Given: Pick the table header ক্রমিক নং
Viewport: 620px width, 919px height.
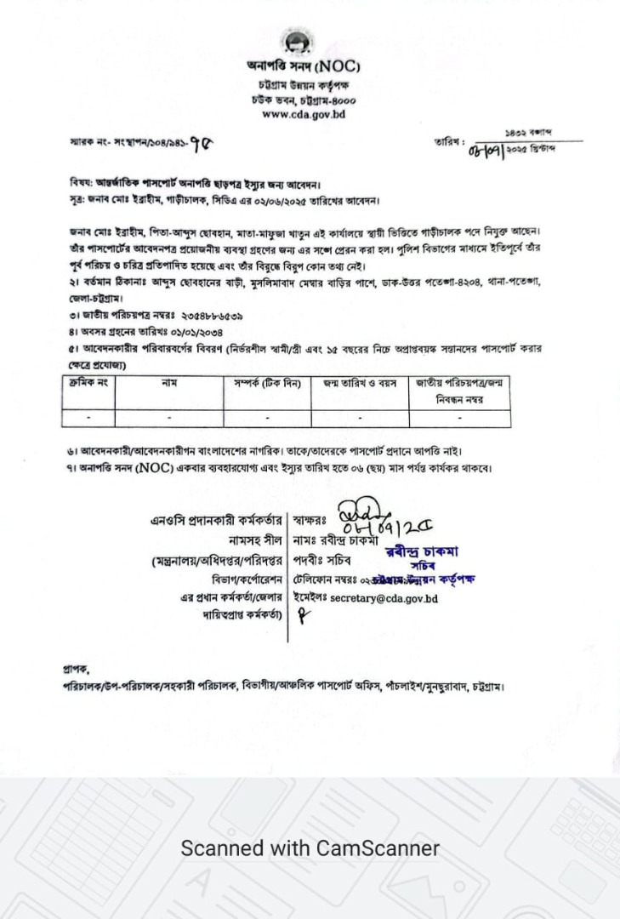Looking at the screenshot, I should click(88, 385).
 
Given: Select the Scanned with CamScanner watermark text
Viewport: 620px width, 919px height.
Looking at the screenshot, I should click(310, 848).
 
